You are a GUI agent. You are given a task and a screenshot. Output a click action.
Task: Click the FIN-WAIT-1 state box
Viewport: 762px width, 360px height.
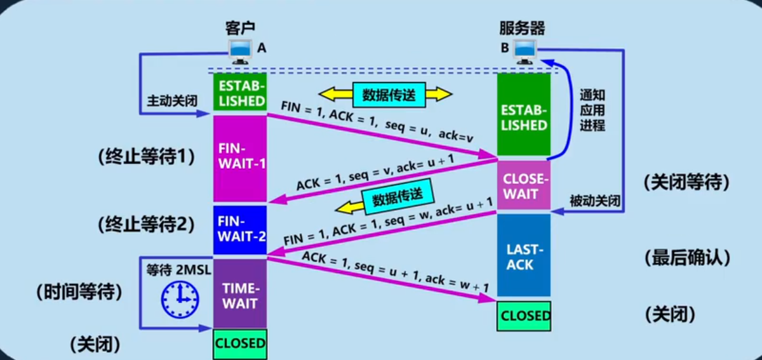[x=240, y=156]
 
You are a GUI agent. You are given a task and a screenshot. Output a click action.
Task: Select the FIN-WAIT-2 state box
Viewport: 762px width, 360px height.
[x=240, y=230]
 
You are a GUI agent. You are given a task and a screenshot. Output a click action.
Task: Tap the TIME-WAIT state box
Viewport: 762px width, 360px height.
[x=240, y=294]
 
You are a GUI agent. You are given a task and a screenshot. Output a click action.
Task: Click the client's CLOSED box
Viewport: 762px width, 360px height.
[x=240, y=343]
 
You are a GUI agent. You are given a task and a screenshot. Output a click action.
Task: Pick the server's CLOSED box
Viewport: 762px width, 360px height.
[x=525, y=316]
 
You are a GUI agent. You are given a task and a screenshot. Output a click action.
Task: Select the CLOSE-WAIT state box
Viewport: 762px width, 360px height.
[x=524, y=185]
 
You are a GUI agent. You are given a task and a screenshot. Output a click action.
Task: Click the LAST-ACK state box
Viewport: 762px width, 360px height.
[x=524, y=255]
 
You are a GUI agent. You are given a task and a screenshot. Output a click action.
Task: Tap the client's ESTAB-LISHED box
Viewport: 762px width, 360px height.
[x=240, y=92]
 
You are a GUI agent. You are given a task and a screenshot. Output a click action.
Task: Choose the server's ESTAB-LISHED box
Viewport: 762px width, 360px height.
[x=524, y=114]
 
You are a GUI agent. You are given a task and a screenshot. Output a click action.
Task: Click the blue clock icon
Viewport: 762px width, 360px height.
[x=180, y=299]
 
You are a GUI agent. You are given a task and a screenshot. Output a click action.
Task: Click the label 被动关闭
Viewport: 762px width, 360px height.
[x=594, y=202]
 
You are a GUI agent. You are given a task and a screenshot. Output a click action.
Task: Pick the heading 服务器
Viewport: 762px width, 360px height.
[x=522, y=28]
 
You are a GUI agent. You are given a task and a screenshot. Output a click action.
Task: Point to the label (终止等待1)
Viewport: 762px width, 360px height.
[x=147, y=156]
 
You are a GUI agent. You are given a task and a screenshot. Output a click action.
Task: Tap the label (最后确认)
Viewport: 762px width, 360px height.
[x=686, y=258]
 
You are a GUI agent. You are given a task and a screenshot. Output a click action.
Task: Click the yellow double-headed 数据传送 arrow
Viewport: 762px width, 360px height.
[x=385, y=95]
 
